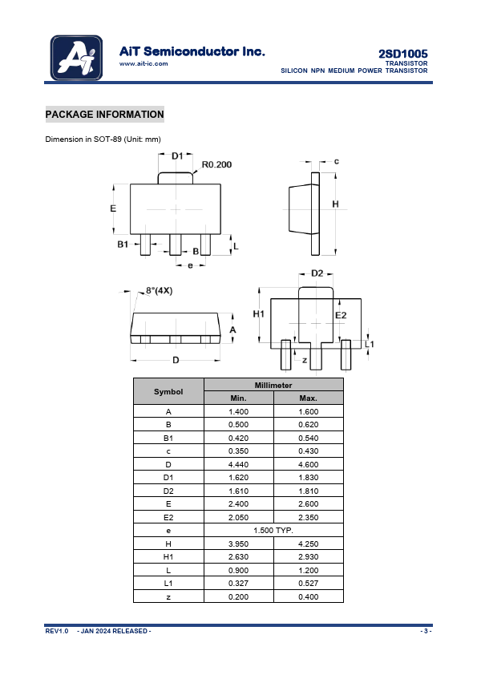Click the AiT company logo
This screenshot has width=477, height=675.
pyautogui.click(x=76, y=58)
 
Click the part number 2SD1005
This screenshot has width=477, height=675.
pyautogui.click(x=403, y=54)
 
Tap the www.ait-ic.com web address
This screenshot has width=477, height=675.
pyautogui.click(x=144, y=63)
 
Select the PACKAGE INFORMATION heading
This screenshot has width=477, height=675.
pyautogui.click(x=104, y=115)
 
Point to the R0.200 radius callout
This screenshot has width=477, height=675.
pyautogui.click(x=216, y=164)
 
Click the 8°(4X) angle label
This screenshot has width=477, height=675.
pyautogui.click(x=159, y=290)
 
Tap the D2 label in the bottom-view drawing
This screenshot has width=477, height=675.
pyautogui.click(x=317, y=273)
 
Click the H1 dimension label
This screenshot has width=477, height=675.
pyautogui.click(x=258, y=314)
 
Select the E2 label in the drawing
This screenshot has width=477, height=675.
pyautogui.click(x=341, y=315)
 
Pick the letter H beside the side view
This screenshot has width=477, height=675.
pyautogui.click(x=335, y=204)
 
